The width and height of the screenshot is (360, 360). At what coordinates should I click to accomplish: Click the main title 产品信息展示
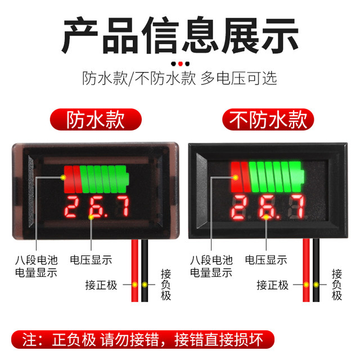180,35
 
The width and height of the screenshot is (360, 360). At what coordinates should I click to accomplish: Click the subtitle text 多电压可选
238,78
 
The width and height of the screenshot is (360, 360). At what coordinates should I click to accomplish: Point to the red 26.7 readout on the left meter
98,208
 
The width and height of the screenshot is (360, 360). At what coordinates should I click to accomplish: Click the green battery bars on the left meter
104,179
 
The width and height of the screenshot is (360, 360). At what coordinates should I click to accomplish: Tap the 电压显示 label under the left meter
91,260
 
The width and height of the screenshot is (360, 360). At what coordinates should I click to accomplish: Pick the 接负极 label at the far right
337,285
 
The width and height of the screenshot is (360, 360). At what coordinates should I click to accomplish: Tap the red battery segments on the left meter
72,179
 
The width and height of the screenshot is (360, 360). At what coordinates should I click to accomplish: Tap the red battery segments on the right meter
240,177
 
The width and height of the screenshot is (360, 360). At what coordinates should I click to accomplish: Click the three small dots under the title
180,64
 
